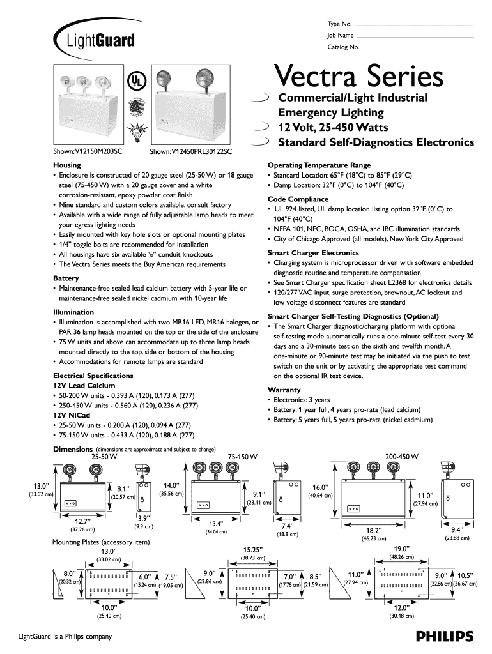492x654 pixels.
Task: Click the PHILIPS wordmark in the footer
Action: tap(444, 635)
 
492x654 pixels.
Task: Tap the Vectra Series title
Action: tap(359, 77)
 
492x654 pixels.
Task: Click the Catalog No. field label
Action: tap(344, 47)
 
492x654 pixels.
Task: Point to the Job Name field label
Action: tap(341, 35)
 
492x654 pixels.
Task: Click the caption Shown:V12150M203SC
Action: tap(87, 151)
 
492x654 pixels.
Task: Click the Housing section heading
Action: tap(66, 165)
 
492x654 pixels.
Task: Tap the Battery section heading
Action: tap(66, 278)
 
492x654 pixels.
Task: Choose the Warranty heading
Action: tap(284, 390)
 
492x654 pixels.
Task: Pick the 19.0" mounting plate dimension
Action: tap(401, 549)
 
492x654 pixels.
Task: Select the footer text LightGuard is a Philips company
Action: tap(63, 636)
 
